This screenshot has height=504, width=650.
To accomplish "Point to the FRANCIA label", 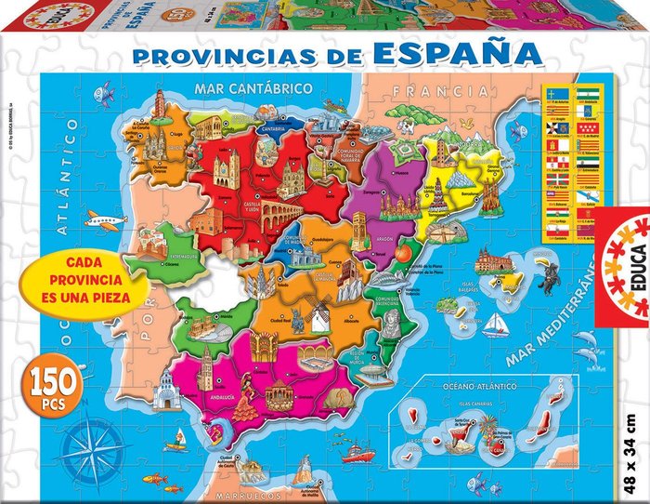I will (439, 91).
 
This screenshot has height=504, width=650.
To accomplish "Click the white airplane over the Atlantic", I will (104, 220).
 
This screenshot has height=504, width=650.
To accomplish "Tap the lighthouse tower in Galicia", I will (159, 106).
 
